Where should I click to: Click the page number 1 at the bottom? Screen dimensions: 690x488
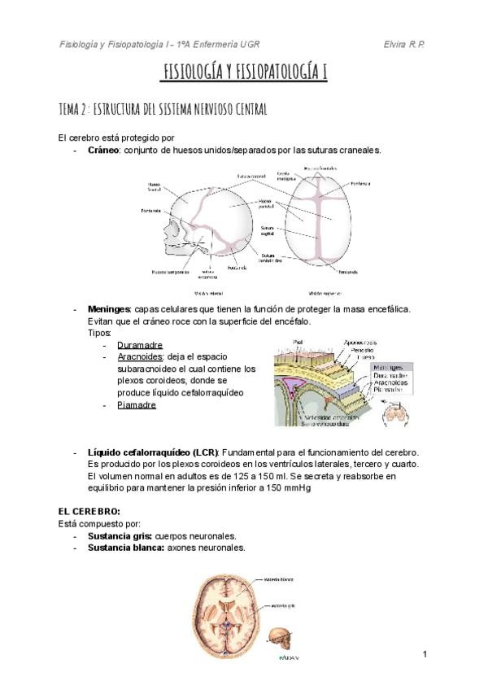pyautogui.click(x=425, y=654)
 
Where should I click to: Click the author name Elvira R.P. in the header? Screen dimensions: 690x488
pyautogui.click(x=404, y=42)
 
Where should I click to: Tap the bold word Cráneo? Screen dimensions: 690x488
pyautogui.click(x=103, y=151)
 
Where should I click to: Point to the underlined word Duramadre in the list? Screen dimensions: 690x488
pyautogui.click(x=140, y=345)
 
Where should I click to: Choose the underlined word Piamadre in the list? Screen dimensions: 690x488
pyautogui.click(x=137, y=405)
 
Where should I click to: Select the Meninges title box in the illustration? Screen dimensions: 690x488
pyautogui.click(x=387, y=367)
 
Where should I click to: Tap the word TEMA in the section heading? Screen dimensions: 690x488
pyautogui.click(x=71, y=109)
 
